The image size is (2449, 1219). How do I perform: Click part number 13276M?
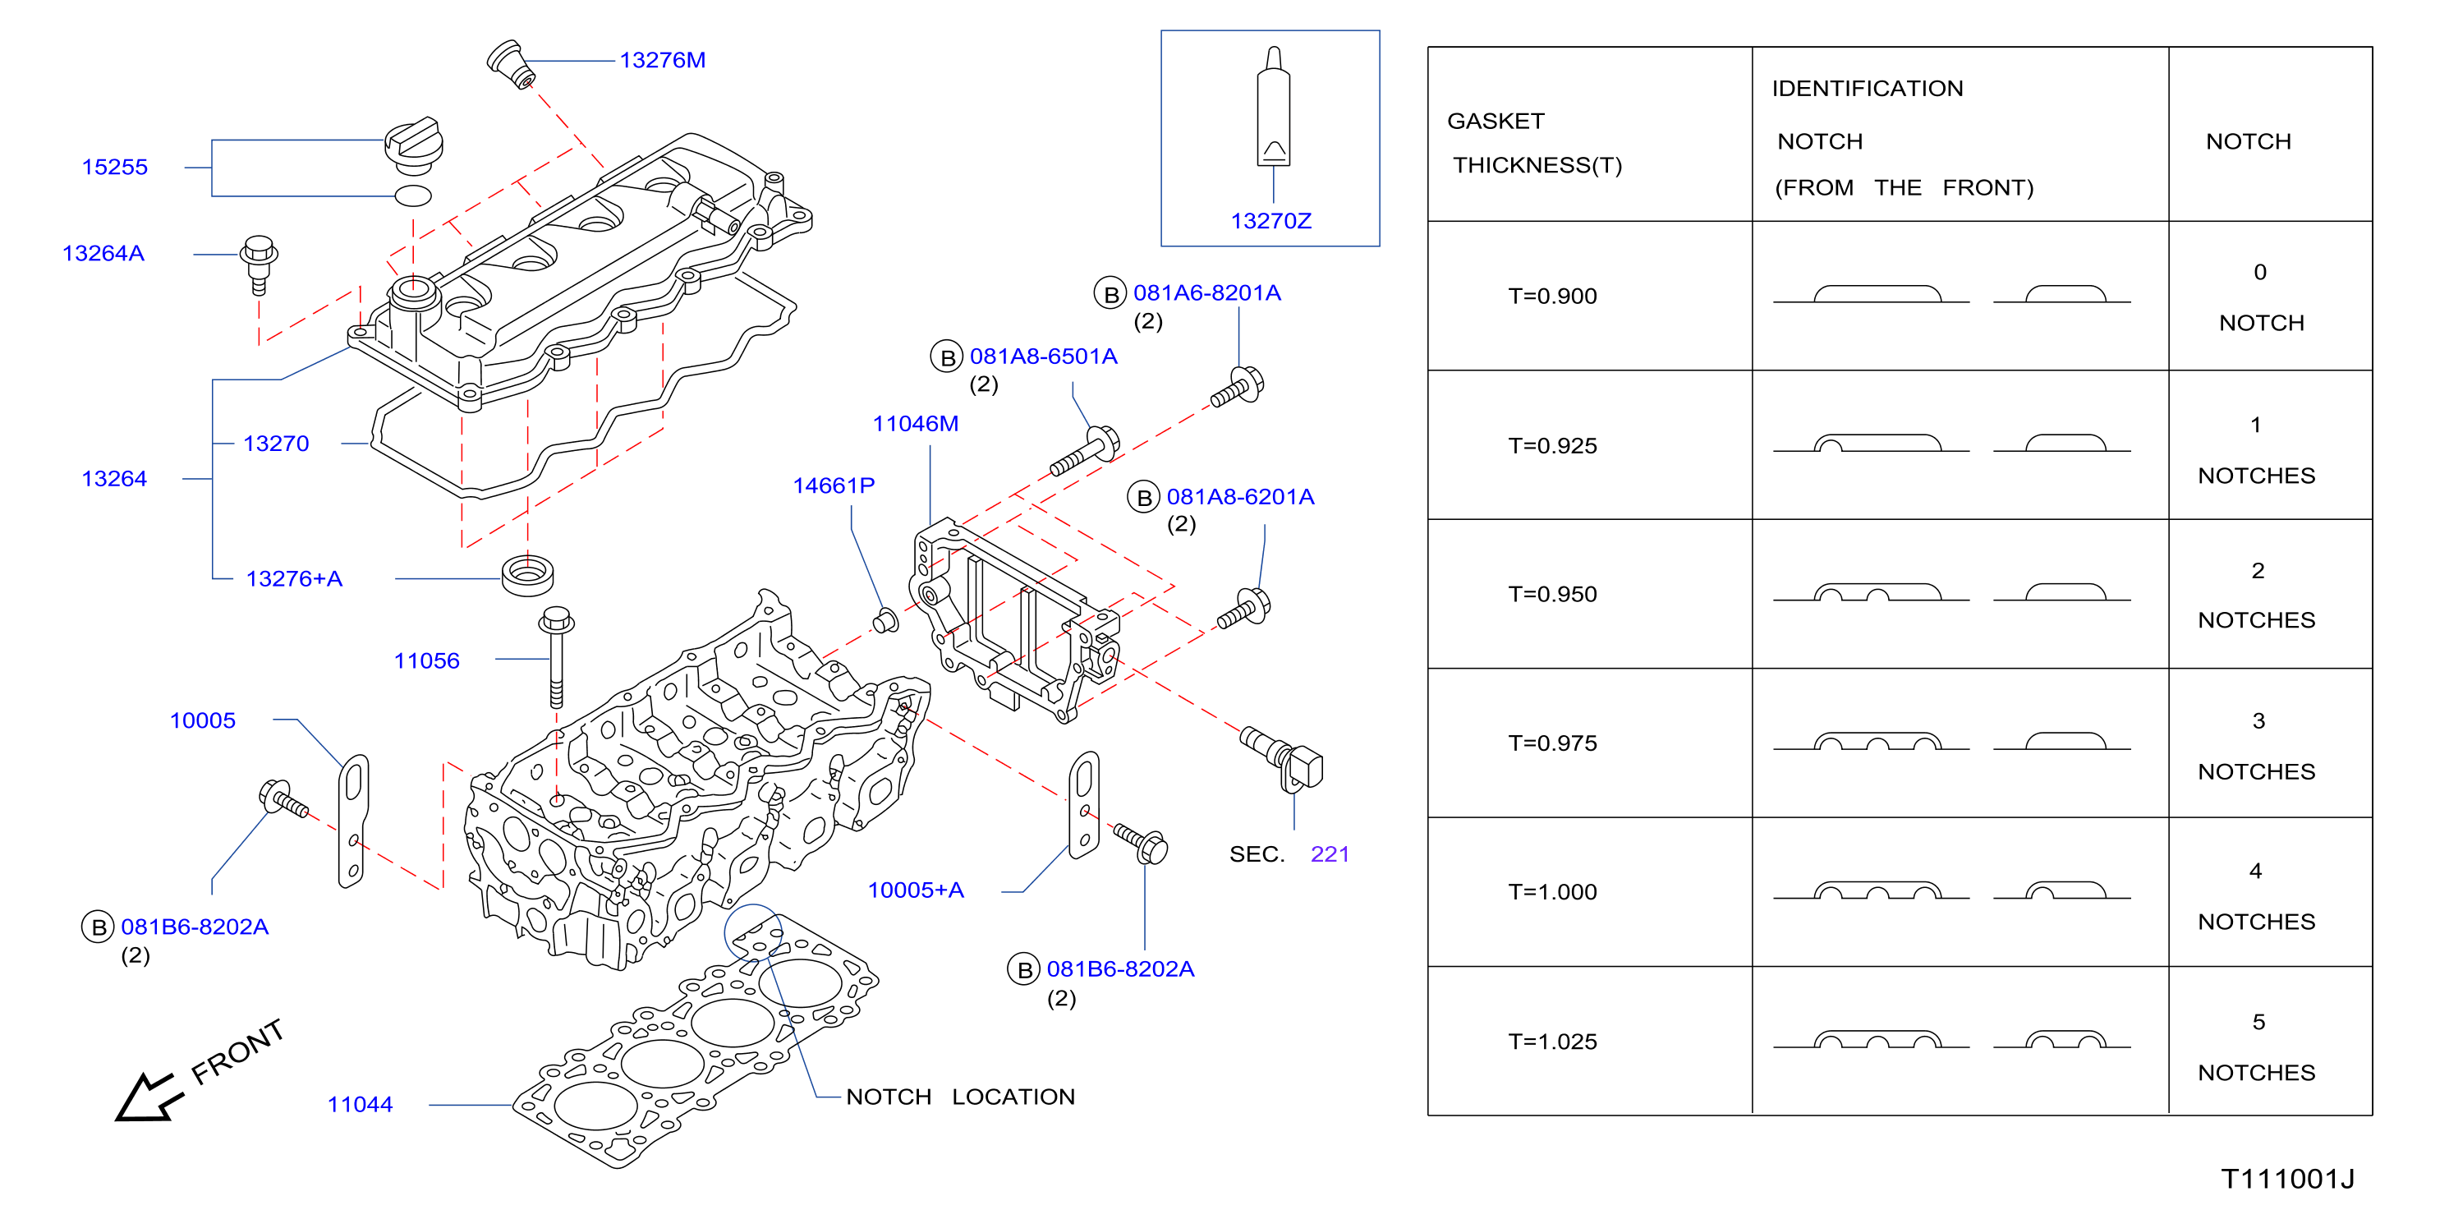[663, 60]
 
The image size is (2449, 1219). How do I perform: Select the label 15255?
[115, 168]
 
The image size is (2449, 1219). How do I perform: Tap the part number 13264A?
[103, 254]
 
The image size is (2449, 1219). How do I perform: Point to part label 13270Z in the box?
[1271, 221]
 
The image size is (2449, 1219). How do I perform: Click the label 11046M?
[916, 424]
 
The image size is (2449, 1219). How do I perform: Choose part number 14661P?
[834, 486]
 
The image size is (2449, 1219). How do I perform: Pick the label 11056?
[427, 661]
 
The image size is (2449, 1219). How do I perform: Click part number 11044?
[361, 1104]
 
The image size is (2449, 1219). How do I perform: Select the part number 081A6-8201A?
[1207, 293]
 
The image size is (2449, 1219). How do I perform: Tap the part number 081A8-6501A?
[1044, 356]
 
